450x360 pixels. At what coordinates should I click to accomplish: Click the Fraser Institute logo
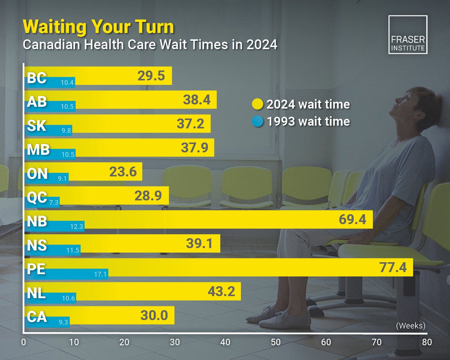point(408,35)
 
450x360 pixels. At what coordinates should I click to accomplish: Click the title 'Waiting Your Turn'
point(98,27)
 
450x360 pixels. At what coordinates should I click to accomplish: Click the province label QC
point(37,197)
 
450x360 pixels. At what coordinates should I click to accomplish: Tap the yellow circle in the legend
point(258,104)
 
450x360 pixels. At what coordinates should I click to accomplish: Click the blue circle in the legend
point(258,121)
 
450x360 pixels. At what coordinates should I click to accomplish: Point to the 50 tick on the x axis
point(276,342)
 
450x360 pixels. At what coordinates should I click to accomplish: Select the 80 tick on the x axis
point(427,342)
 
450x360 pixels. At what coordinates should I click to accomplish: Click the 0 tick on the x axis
point(24,342)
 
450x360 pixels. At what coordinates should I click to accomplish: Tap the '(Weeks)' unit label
point(411,326)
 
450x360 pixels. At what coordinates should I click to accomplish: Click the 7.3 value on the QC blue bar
point(53,202)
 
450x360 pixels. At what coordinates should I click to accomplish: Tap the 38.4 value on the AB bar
point(196,100)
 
